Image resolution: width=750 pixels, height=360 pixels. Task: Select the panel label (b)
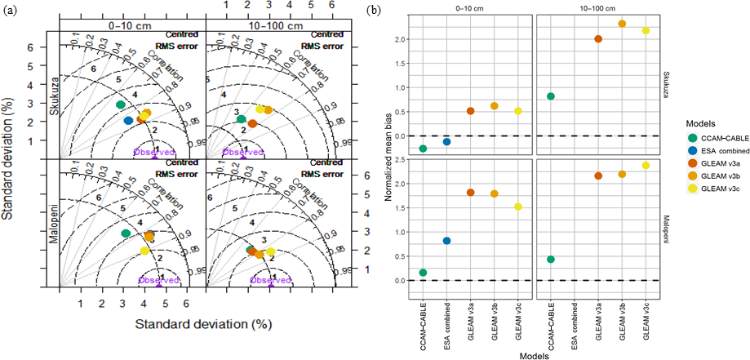click(373, 11)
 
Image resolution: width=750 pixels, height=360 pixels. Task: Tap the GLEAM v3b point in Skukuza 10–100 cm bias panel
click(622, 24)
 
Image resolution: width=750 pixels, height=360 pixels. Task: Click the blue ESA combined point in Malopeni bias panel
click(446, 241)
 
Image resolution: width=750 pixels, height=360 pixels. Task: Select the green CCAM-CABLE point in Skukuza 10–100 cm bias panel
click(551, 96)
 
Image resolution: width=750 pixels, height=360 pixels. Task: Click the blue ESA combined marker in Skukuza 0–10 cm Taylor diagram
click(128, 121)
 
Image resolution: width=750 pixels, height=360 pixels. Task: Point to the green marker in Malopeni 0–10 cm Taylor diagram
click(125, 233)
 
